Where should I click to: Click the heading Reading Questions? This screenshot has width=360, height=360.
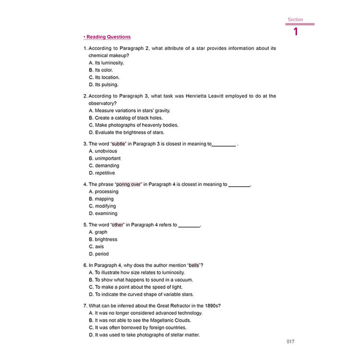(x=108, y=37)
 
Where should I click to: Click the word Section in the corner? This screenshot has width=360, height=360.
(x=295, y=20)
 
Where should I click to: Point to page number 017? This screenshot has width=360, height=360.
(x=289, y=342)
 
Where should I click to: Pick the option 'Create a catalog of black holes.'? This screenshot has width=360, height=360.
(x=129, y=118)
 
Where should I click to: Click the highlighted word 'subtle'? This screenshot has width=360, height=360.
(x=118, y=144)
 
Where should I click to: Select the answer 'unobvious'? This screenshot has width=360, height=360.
(x=106, y=151)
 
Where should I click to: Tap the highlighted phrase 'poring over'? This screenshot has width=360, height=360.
(x=129, y=184)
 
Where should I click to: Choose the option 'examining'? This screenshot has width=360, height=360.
(x=106, y=213)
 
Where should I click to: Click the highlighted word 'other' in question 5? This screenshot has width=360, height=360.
(x=118, y=225)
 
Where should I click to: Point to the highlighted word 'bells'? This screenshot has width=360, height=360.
(x=193, y=265)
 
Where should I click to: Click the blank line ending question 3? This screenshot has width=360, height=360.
(x=224, y=144)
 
